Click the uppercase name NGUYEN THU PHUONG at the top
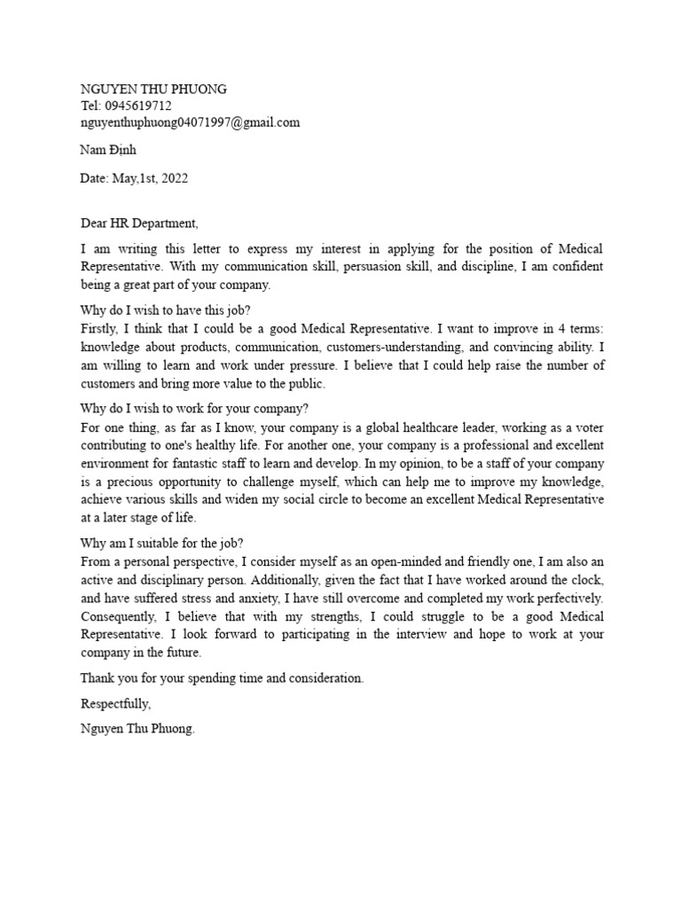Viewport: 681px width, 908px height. (x=153, y=89)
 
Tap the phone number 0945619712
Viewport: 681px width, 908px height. (x=137, y=106)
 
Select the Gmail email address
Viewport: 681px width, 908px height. (x=190, y=122)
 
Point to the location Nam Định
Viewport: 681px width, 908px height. (x=108, y=150)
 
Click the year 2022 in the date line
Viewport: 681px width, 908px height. (x=172, y=177)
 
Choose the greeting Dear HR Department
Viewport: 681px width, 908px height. (x=140, y=223)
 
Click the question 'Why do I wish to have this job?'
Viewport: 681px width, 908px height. (x=166, y=310)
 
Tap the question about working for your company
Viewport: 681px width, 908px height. (x=194, y=409)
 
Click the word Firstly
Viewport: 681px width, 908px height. (x=100, y=327)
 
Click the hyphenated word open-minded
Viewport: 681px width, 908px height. (x=403, y=564)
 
